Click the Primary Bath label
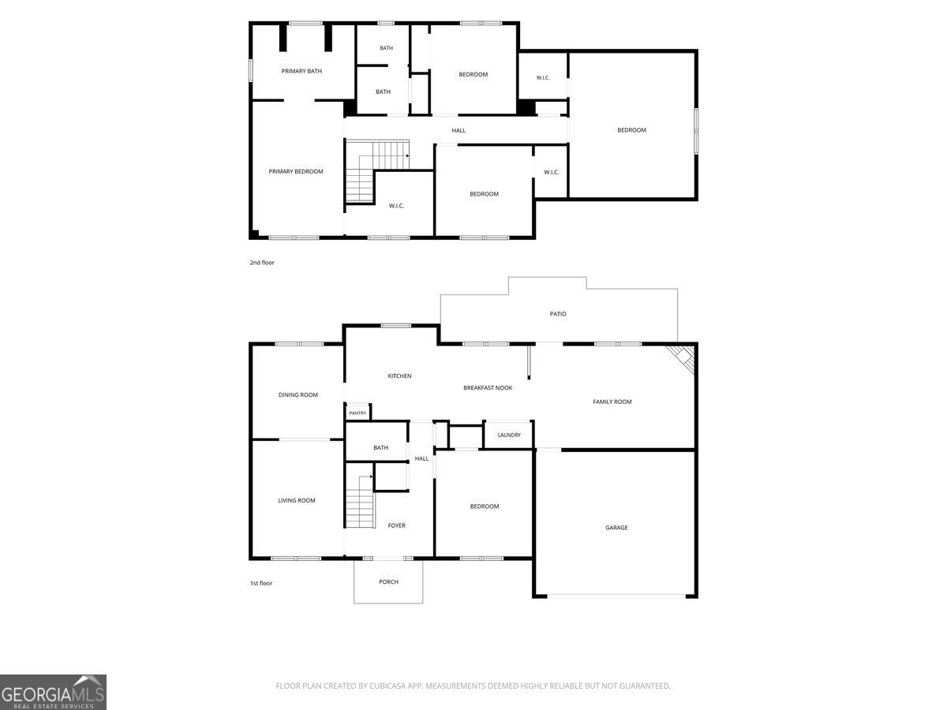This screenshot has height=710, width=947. pyautogui.click(x=301, y=71)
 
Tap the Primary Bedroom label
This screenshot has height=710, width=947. pyautogui.click(x=295, y=171)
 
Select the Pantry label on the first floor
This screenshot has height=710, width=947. pyautogui.click(x=357, y=413)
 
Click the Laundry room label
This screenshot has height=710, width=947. pyautogui.click(x=509, y=435)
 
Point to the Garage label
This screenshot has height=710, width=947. pyautogui.click(x=616, y=528)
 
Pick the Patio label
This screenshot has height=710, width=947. pyautogui.click(x=557, y=314)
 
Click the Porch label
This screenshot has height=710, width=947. pyautogui.click(x=388, y=582)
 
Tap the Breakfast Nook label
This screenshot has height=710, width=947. pyautogui.click(x=488, y=388)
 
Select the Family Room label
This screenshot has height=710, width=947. pyautogui.click(x=612, y=402)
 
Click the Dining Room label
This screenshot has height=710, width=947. pyautogui.click(x=298, y=395)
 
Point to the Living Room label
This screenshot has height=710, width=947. pyautogui.click(x=297, y=500)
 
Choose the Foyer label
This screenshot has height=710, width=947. pyautogui.click(x=396, y=525)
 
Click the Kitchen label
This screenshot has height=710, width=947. pyautogui.click(x=399, y=376)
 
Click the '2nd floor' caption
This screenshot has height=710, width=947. pyautogui.click(x=262, y=263)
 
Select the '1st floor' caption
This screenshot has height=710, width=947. pyautogui.click(x=261, y=583)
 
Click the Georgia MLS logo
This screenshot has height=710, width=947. pyautogui.click(x=53, y=693)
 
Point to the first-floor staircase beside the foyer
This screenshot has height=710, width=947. pyautogui.click(x=359, y=502)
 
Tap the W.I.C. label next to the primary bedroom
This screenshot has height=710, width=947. pyautogui.click(x=396, y=206)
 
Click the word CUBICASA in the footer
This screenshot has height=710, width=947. pyautogui.click(x=386, y=686)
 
